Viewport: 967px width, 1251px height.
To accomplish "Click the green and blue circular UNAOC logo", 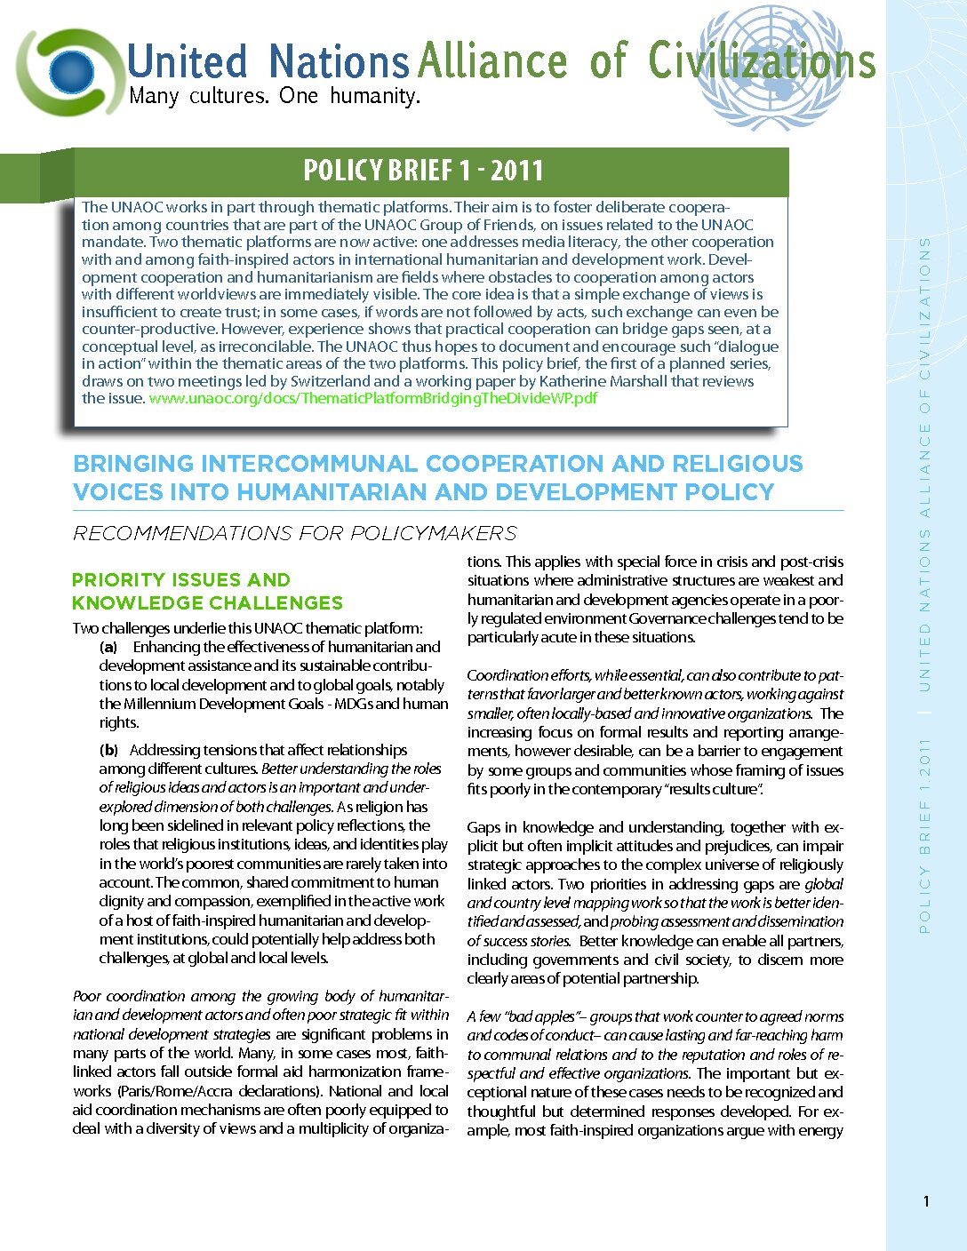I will pos(68,71).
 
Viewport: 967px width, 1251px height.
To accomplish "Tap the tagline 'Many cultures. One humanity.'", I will pos(274,96).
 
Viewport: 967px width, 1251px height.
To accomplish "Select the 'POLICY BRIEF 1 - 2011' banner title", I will pos(423,171).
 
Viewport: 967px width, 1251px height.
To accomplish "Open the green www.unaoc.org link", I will pos(372,398).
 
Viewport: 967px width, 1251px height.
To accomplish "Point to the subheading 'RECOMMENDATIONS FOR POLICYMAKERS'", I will pos(294,533).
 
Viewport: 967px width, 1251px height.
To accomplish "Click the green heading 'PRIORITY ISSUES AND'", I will pos(181,580).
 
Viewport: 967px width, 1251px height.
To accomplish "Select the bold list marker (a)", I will pos(108,648).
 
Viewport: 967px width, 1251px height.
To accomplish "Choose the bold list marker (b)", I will pos(108,750).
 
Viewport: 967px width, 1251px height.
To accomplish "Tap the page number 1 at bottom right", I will pos(926,1202).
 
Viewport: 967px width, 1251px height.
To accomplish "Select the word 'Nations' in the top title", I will pos(339,62).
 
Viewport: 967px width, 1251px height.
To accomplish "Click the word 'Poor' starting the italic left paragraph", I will pos(87,996).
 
